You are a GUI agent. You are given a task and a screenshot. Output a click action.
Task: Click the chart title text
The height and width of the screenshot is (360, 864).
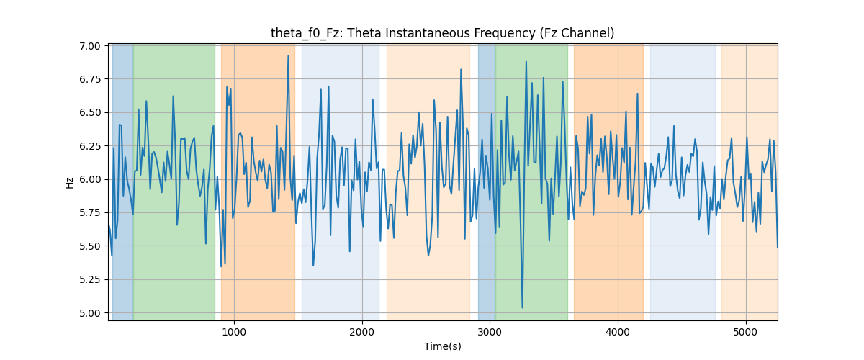(442, 33)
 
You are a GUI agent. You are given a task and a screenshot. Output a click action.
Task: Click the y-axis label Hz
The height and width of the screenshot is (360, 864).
(69, 183)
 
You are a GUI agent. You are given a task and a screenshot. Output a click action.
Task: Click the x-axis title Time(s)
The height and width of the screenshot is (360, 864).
(442, 346)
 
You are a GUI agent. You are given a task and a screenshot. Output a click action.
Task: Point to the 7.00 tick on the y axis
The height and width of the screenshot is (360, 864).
(90, 46)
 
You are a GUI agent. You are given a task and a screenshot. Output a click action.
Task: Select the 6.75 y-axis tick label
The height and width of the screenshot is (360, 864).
(90, 79)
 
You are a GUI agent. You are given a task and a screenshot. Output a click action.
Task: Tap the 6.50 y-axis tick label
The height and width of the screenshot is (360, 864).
(90, 113)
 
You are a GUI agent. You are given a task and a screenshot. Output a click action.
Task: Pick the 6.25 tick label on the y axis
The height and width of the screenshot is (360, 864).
(90, 146)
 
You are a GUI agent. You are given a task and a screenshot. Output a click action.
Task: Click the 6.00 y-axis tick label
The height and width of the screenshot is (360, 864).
(90, 180)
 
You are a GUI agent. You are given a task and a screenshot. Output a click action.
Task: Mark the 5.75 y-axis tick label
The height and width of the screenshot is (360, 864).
(90, 213)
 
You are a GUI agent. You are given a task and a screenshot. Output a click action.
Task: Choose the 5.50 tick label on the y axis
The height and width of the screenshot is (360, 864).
(90, 246)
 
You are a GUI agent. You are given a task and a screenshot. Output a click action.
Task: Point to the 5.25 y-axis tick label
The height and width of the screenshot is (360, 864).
(90, 280)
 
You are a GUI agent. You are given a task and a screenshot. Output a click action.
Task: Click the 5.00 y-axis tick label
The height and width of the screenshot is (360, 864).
(90, 313)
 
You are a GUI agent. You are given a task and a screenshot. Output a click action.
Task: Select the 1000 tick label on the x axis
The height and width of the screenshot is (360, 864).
(234, 332)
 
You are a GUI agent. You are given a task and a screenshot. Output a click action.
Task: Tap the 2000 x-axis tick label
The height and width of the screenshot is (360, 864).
(362, 332)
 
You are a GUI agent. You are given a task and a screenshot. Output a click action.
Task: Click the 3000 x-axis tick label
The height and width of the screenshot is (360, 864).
(490, 332)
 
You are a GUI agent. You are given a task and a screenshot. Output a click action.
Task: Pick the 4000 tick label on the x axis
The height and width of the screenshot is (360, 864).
(618, 332)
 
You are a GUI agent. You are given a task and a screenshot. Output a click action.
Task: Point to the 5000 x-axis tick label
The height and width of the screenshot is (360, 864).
(746, 332)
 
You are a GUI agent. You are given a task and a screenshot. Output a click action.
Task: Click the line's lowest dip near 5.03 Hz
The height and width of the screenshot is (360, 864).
(522, 307)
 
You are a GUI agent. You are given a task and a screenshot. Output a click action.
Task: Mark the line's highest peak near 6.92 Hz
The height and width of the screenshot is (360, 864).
(288, 56)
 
